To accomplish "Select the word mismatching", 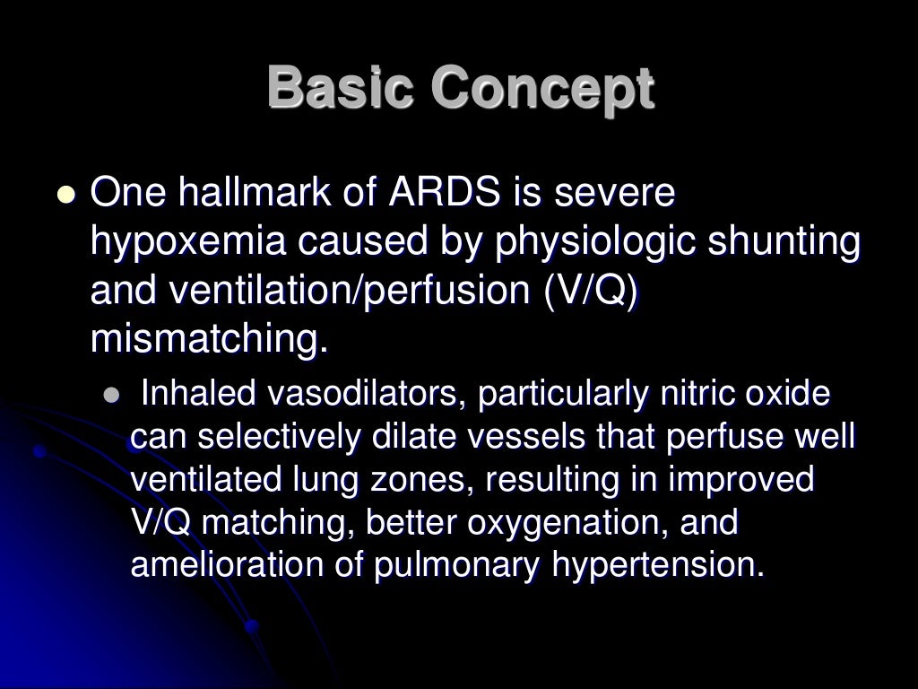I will tap(204, 340).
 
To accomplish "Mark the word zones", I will tap(413, 482).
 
